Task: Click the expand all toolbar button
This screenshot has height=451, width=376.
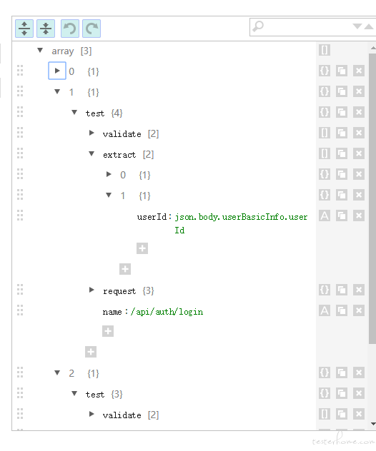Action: tap(24, 29)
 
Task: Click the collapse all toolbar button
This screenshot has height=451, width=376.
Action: tap(46, 29)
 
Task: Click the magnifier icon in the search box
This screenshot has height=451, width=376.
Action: tap(258, 26)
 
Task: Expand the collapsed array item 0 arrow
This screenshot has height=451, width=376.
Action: tap(57, 71)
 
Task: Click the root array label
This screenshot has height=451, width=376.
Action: tap(63, 51)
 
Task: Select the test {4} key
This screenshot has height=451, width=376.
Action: tap(95, 113)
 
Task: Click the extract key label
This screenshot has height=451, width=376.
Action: tap(119, 155)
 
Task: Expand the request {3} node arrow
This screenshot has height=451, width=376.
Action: tap(91, 290)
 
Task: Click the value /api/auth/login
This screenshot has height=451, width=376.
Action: tap(167, 312)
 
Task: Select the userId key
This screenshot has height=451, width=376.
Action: tap(152, 217)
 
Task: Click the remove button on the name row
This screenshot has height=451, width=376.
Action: tap(359, 310)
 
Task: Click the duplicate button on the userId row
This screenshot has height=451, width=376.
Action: tap(342, 216)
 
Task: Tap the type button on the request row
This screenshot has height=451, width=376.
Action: tap(325, 290)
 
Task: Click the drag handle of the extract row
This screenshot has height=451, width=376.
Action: tap(20, 153)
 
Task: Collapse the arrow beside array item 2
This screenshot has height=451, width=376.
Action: tap(57, 373)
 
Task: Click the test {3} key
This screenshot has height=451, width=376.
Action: tap(95, 395)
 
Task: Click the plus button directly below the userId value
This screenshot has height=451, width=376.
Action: tap(142, 248)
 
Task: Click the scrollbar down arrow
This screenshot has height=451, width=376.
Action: tap(373, 424)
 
